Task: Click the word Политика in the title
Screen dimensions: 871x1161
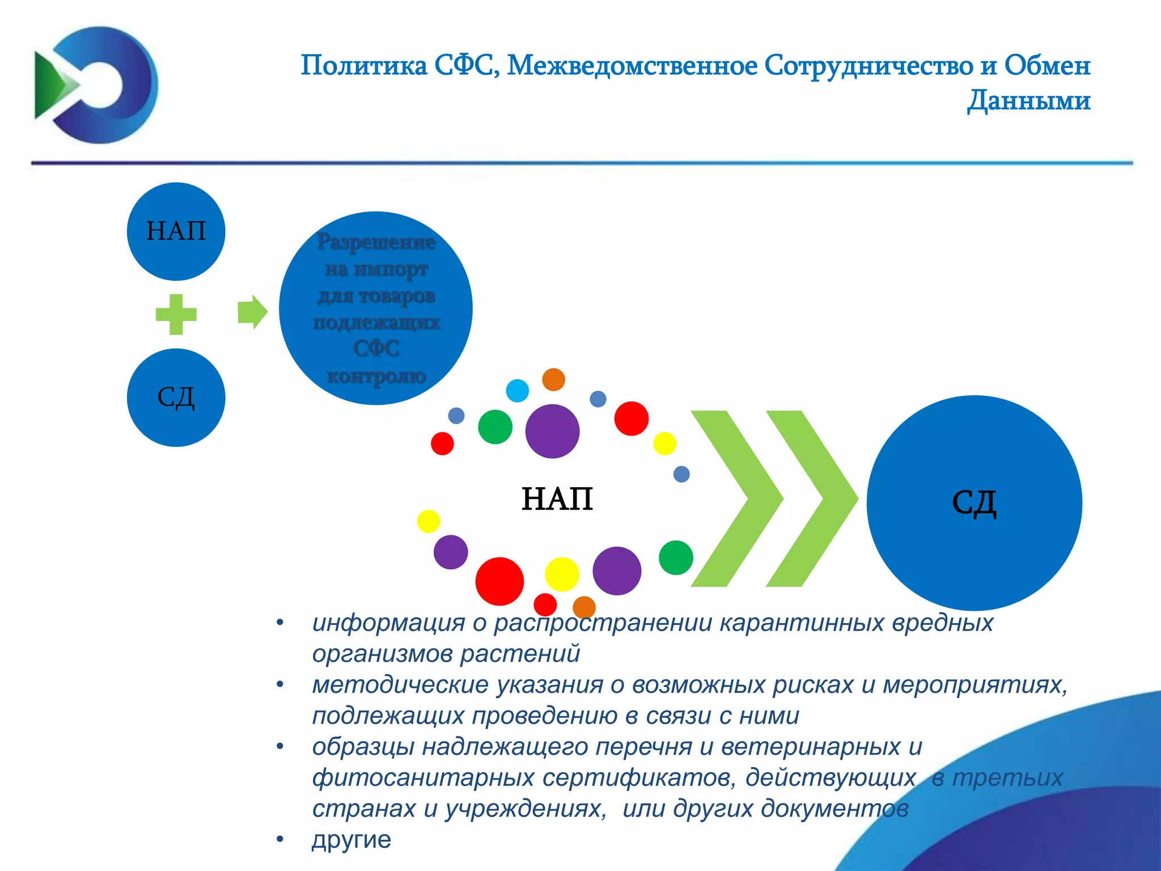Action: point(364,65)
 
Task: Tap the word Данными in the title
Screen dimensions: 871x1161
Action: point(1028,100)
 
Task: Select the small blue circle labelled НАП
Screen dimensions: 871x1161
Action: point(176,231)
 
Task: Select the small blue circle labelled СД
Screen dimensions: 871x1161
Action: point(176,398)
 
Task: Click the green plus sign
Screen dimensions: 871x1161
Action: point(176,314)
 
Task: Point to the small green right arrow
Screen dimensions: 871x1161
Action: point(252,312)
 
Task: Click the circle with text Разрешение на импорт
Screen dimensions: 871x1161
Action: point(375,308)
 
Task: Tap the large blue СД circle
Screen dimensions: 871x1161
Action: point(974,502)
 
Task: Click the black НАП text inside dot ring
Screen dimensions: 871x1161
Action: point(557,499)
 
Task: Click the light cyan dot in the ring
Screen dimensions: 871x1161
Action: point(517,391)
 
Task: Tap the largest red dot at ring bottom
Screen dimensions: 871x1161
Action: point(499,581)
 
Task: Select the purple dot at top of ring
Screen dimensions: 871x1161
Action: point(552,431)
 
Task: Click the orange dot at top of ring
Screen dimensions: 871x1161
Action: point(553,379)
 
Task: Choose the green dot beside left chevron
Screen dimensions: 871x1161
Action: point(676,557)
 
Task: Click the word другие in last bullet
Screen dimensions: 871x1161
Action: point(351,839)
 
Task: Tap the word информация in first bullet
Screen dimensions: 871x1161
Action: point(389,623)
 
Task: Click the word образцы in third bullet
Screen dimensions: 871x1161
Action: point(363,747)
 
